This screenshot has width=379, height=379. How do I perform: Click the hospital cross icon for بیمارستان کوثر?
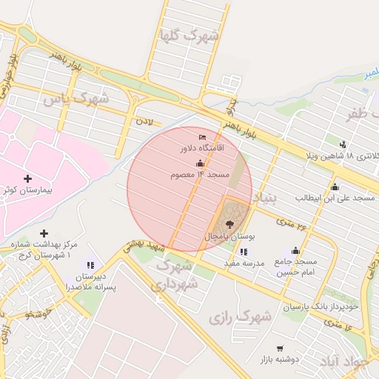pos(28,178)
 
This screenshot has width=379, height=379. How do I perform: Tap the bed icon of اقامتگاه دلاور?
pos(203,138)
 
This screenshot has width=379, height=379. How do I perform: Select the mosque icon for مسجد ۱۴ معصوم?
pos(200,163)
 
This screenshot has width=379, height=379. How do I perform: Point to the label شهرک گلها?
pos(190,34)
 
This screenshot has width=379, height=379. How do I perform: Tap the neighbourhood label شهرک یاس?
pos(76,98)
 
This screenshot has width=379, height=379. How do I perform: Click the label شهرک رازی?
pos(240,318)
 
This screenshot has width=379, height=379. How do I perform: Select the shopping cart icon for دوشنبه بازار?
pos(280,348)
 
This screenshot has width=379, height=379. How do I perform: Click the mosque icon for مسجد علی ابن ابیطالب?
pos(335,187)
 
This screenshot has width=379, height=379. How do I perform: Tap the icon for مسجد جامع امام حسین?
pos(296,250)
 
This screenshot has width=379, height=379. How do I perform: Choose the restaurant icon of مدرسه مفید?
pos(244,252)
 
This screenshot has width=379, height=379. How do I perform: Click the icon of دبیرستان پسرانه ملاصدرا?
pos(90,265)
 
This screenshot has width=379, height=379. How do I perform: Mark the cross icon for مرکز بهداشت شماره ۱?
pos(44,234)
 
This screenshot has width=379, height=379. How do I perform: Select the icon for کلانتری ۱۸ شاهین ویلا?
pos(343,144)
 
